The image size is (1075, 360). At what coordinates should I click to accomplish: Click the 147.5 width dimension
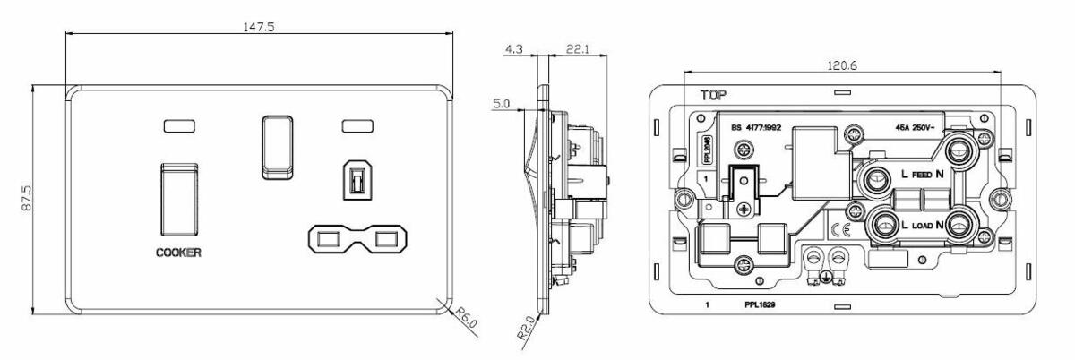pyautogui.click(x=259, y=27)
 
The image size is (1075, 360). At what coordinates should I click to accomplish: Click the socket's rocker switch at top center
pyautogui.click(x=278, y=145)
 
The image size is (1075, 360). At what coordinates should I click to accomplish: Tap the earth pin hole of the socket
pyautogui.click(x=356, y=181)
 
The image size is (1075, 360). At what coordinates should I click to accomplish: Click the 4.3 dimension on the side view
pyautogui.click(x=515, y=50)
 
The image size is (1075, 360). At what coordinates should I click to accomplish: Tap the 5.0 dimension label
pyautogui.click(x=502, y=105)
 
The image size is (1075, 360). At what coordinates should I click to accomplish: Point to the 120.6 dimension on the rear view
pyautogui.click(x=841, y=65)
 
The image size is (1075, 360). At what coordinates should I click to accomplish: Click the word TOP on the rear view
pyautogui.click(x=714, y=93)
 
